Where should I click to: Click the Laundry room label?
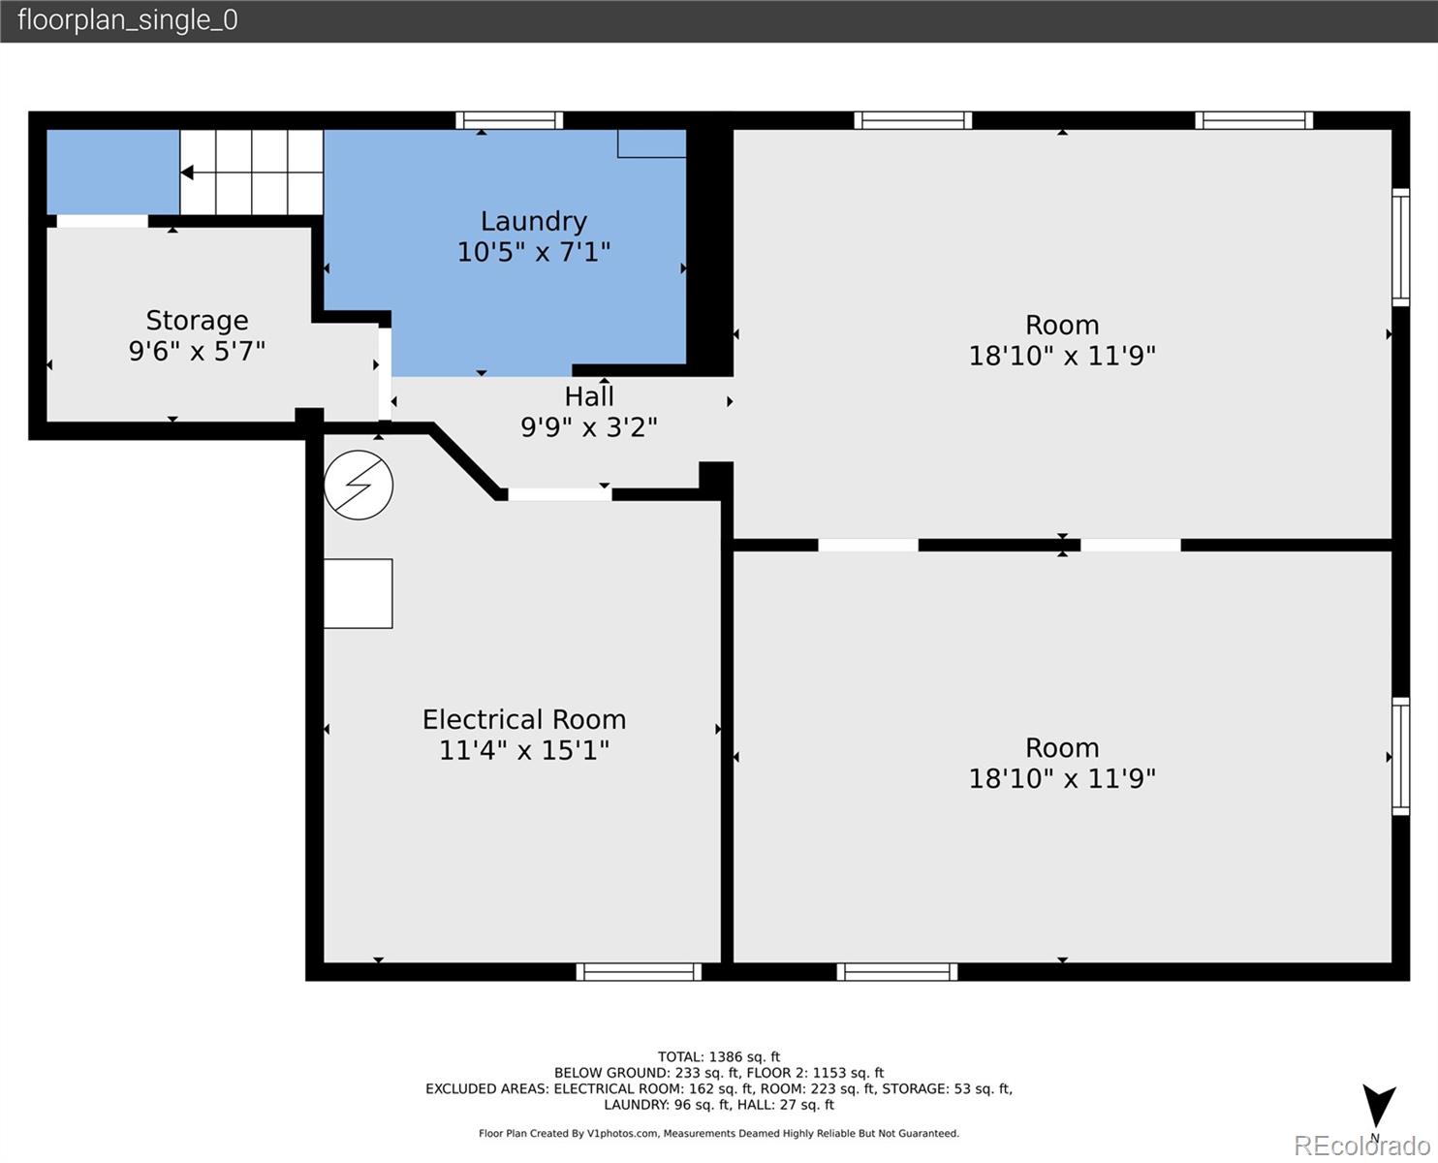coord(533,221)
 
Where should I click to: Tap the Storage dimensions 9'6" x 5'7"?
coord(197,351)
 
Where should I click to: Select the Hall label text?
coord(589,396)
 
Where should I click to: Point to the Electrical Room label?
coord(524,719)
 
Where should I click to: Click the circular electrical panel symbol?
coord(359,485)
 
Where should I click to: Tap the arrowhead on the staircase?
coord(188,173)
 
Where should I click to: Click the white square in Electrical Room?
coord(358,593)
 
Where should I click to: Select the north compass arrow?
coord(1379,1105)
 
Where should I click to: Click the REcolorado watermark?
coord(1361,1146)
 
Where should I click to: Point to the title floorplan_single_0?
coord(128,20)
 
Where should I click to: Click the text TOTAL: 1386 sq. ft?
coord(719,1057)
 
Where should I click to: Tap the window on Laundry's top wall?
coord(509,120)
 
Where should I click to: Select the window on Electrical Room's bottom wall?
coord(639,972)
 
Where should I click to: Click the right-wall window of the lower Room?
coord(1401,756)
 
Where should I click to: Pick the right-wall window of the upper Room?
coord(1401,247)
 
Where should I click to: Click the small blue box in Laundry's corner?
coord(651,143)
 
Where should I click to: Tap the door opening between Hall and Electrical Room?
coord(560,494)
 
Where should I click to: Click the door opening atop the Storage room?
coord(102,221)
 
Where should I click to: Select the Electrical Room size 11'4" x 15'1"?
coord(524,750)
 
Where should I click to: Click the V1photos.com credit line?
coord(719,1133)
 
